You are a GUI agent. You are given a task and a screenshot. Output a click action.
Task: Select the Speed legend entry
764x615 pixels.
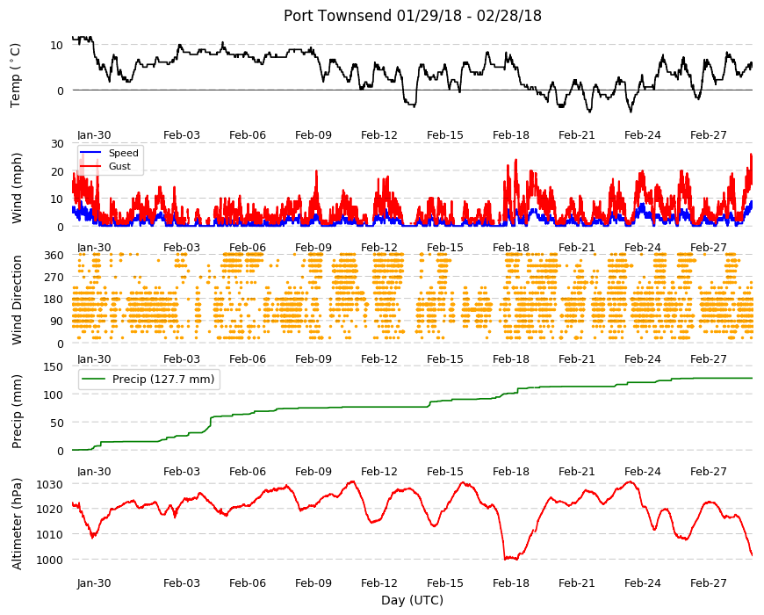(x=123, y=153)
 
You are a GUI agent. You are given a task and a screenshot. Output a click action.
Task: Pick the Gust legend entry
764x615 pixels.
(x=119, y=166)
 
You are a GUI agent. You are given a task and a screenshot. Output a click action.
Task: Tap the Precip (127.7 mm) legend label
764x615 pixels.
(x=163, y=380)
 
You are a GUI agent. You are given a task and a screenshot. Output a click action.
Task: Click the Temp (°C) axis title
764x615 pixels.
(x=16, y=76)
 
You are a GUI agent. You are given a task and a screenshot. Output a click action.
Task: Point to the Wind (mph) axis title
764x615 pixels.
(x=17, y=188)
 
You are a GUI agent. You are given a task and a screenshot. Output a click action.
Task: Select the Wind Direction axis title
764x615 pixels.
(x=17, y=300)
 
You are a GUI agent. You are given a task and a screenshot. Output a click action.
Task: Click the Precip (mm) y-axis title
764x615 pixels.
(x=17, y=411)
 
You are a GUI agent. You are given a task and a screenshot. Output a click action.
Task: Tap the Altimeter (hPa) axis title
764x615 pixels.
(x=17, y=524)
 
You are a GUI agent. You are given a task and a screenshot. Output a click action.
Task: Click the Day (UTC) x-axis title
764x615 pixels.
(x=412, y=600)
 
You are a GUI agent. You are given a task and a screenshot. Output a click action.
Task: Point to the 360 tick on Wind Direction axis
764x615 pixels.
(x=54, y=256)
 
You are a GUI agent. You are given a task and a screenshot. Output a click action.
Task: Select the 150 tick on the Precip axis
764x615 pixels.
(x=54, y=367)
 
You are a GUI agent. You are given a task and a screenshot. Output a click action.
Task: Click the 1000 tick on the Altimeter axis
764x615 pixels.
(x=50, y=560)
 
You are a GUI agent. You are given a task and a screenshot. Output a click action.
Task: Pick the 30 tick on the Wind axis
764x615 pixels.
(x=57, y=143)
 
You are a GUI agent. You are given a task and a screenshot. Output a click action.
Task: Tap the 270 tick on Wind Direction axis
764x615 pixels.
(x=54, y=278)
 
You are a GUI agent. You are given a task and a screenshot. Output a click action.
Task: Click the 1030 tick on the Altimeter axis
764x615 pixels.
(x=50, y=484)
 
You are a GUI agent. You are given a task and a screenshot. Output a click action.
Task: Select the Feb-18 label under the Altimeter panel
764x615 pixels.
(x=510, y=582)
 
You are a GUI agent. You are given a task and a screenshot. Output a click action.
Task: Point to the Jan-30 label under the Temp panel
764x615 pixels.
(x=94, y=135)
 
